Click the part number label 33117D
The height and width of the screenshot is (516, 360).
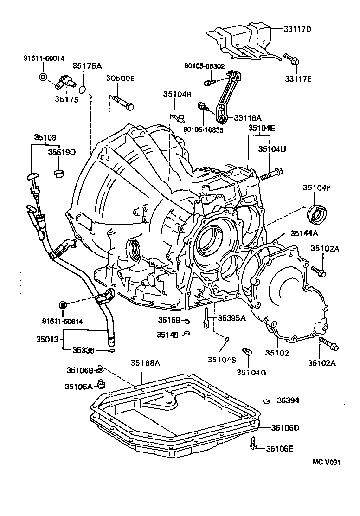298,29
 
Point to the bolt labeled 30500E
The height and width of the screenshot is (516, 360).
123,102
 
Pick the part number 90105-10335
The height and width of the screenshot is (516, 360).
203,130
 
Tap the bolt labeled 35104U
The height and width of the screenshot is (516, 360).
271,175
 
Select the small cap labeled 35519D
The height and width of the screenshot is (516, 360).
59,174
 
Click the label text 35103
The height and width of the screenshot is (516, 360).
45,137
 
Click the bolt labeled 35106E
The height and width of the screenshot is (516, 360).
254,445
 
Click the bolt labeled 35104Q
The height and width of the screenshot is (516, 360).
247,352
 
